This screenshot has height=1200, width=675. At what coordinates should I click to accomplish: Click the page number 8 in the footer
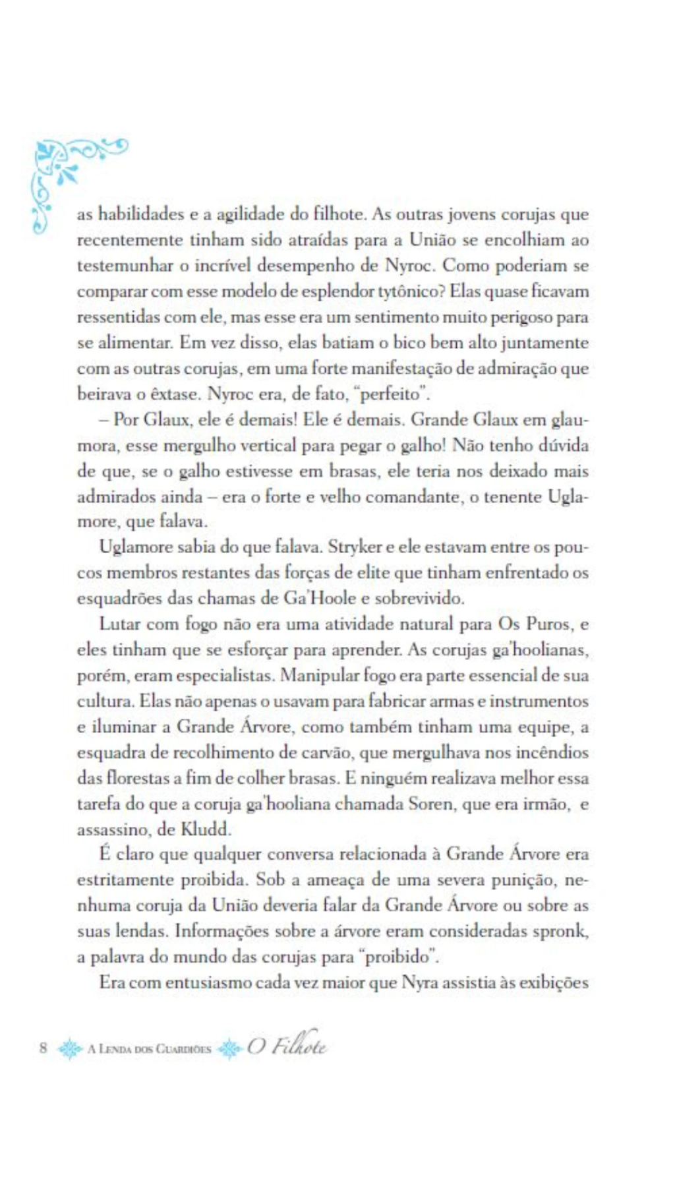pos(44,1048)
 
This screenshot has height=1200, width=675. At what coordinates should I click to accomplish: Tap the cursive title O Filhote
pos(287,1046)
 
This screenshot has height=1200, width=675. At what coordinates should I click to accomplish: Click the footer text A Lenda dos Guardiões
pos(150,1048)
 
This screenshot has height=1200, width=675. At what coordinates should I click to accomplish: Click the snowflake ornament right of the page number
pos(69,1048)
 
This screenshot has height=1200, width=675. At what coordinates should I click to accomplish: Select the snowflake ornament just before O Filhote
pos(230,1048)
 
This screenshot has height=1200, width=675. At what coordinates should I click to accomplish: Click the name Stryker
pos(355,547)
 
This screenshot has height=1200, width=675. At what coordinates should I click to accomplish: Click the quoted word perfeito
pos(394,394)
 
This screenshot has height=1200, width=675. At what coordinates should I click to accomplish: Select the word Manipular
pos(326,676)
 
